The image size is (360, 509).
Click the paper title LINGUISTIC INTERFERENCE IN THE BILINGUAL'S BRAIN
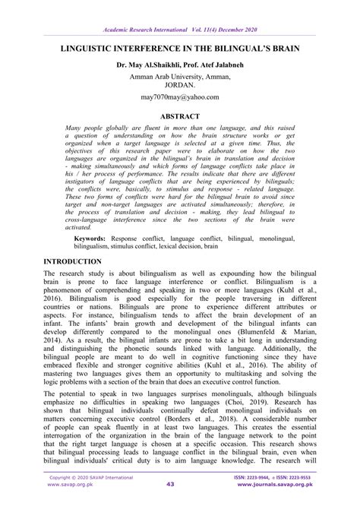click(179, 47)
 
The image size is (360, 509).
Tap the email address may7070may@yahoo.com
click(179, 98)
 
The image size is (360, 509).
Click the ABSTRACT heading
click(179, 117)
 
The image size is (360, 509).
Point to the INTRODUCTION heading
click(78, 260)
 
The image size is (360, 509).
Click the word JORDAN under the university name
click(179, 85)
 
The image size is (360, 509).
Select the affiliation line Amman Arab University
click(179, 76)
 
